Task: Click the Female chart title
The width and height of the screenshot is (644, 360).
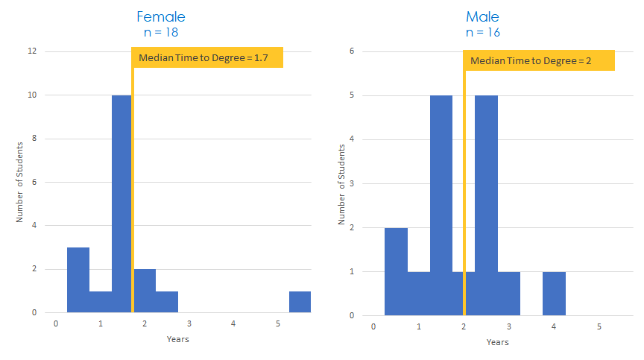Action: tap(161, 16)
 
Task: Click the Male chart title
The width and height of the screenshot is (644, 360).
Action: tap(483, 16)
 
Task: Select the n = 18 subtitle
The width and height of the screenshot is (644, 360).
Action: tap(161, 32)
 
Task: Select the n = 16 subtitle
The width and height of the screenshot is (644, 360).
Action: tap(483, 32)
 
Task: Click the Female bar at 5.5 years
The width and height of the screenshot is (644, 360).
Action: tap(300, 302)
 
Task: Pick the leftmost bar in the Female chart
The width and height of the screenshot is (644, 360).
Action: tap(78, 280)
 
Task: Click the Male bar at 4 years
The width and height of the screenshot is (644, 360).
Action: tap(554, 293)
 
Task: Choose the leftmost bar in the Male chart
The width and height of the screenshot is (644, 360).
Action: tap(396, 271)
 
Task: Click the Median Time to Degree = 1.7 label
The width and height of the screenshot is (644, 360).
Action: tap(209, 57)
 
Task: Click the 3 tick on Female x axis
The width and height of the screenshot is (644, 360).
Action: tap(189, 323)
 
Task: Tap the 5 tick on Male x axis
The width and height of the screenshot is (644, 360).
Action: tap(599, 326)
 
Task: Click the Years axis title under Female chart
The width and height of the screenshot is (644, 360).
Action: tap(177, 339)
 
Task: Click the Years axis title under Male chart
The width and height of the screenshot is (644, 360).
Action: tap(497, 342)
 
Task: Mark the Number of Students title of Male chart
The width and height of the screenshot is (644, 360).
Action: tap(341, 183)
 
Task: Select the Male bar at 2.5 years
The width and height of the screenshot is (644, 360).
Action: tap(486, 205)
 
